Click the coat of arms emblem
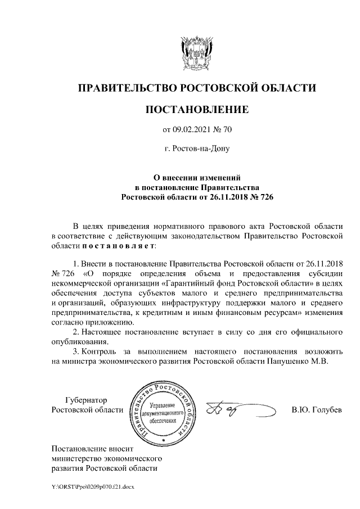[x=197, y=53]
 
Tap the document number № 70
[x=222, y=130]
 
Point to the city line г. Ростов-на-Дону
[x=197, y=149]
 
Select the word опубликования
[x=79, y=341]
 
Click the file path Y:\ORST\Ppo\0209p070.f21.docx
[x=93, y=485]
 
